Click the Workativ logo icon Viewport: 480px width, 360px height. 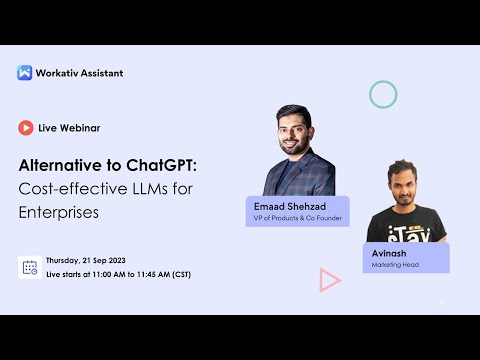pos(25,72)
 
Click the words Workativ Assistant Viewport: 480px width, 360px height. pos(79,72)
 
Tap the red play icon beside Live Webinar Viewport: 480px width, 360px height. pos(26,128)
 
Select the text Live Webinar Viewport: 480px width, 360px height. pos(69,128)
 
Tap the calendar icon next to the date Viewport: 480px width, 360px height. pos(30,267)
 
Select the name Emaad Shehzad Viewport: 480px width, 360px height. pos(288,206)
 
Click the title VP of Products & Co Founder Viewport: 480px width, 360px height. pos(297,218)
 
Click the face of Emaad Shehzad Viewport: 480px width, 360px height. pos(299,129)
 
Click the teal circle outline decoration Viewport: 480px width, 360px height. pos(383,94)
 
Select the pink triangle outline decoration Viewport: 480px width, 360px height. pos(329,280)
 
